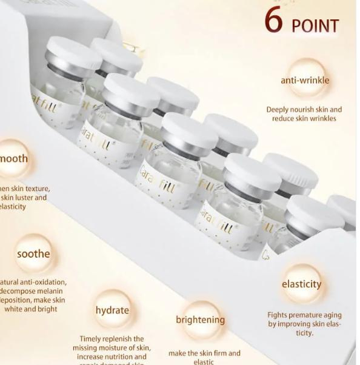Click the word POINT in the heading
(315, 26)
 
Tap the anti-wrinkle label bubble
(305, 80)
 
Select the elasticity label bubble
(301, 284)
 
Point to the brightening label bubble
(200, 320)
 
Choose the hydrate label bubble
(112, 310)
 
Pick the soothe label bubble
(33, 253)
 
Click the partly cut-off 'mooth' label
(13, 159)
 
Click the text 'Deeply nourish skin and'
(304, 110)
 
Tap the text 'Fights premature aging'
(304, 315)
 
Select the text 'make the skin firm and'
(204, 353)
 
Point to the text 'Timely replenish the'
(112, 339)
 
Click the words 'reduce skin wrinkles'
(304, 119)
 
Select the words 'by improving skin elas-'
(304, 324)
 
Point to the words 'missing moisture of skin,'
(112, 348)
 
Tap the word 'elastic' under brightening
(204, 361)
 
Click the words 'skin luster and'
(24, 198)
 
